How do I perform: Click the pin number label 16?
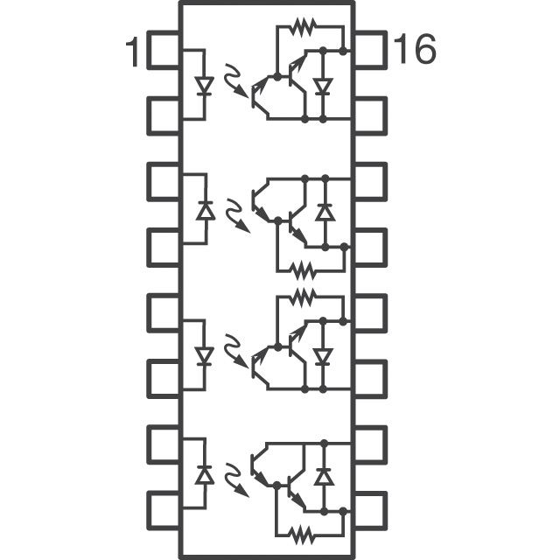[414, 50]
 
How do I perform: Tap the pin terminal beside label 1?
[164, 50]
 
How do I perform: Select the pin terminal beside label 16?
[370, 49]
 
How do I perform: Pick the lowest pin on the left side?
[164, 507]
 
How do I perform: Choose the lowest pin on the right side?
[370, 507]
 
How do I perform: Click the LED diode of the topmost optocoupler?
[205, 87]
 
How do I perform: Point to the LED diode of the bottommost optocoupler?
[205, 475]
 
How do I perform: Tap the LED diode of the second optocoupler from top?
[205, 211]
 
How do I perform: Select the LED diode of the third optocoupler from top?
[205, 356]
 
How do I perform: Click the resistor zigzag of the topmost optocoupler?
[303, 27]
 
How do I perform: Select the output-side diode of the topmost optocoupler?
[324, 87]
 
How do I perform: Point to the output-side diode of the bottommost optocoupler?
[324, 476]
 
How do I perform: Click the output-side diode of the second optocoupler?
[324, 212]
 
